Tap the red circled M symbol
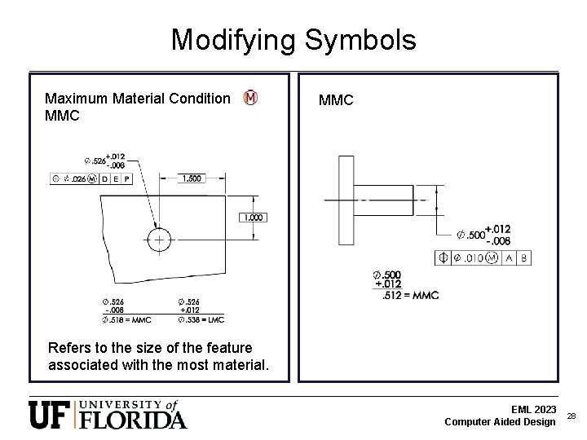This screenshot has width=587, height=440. click(250, 99)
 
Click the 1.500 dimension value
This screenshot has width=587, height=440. click(193, 178)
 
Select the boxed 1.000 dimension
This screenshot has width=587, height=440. click(253, 218)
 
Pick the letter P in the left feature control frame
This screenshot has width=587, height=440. click(128, 178)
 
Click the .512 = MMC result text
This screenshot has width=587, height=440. click(410, 294)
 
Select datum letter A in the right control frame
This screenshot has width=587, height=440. click(508, 258)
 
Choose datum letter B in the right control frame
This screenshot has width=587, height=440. click(523, 258)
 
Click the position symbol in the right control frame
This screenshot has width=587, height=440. click(444, 258)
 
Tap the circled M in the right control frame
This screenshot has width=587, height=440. click(491, 258)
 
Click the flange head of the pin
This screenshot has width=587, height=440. click(346, 199)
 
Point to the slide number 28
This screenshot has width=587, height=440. click(572, 416)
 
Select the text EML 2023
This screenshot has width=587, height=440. click(534, 409)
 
